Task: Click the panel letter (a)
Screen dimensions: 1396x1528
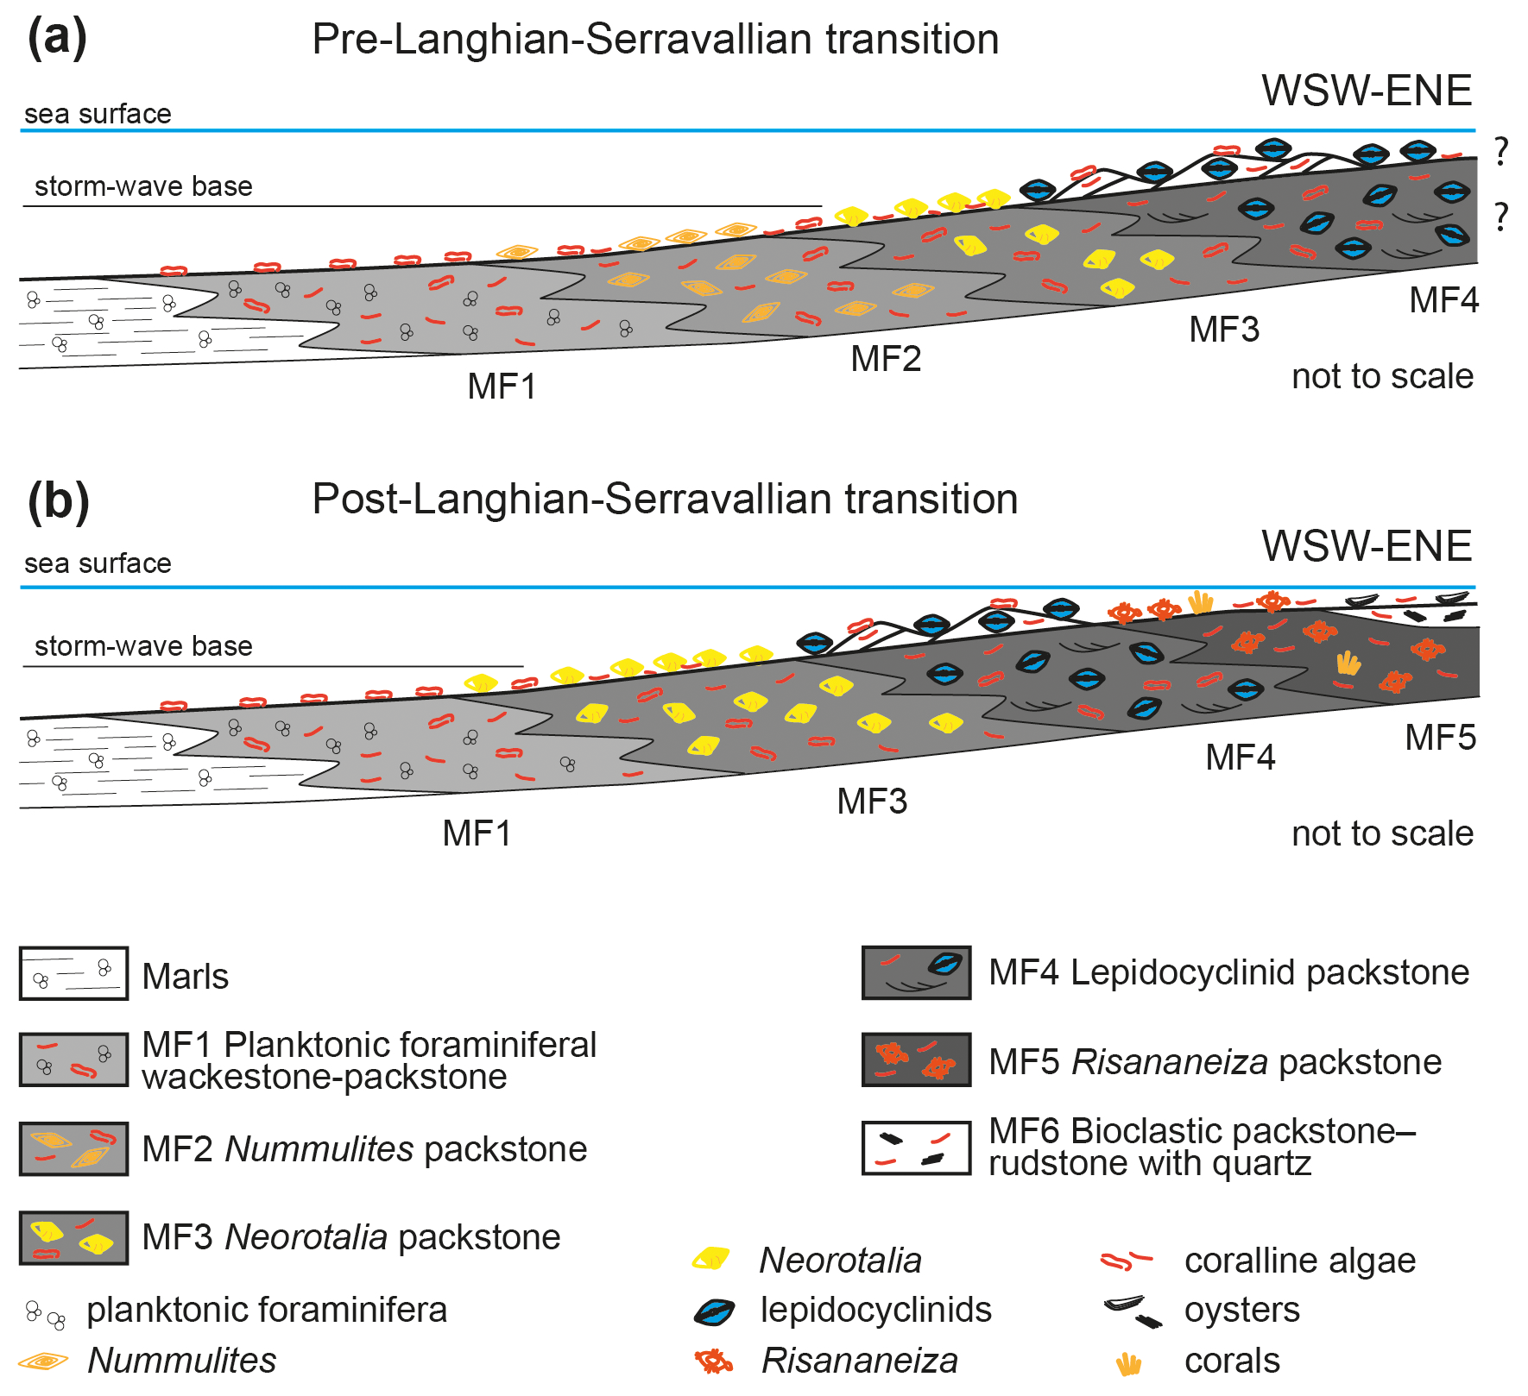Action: tap(57, 38)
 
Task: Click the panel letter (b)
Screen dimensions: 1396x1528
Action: tap(58, 500)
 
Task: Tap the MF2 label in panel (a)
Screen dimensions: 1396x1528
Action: tap(886, 359)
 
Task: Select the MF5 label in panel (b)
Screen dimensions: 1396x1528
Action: tap(1440, 738)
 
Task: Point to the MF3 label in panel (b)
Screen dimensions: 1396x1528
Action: tap(872, 802)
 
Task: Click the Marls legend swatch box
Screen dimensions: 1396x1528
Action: tap(73, 973)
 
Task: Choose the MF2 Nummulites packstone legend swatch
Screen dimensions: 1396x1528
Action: tap(73, 1149)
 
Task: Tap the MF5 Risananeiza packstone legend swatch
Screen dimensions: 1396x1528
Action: tap(916, 1060)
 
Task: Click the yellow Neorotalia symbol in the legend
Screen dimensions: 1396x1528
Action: tap(711, 1260)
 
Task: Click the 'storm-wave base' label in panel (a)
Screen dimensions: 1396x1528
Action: tap(143, 186)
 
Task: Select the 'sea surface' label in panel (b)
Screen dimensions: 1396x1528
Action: tap(98, 563)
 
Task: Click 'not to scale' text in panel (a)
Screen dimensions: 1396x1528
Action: tap(1382, 376)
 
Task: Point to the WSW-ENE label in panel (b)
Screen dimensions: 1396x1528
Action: tap(1367, 546)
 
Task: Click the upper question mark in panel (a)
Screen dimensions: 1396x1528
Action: tap(1501, 152)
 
